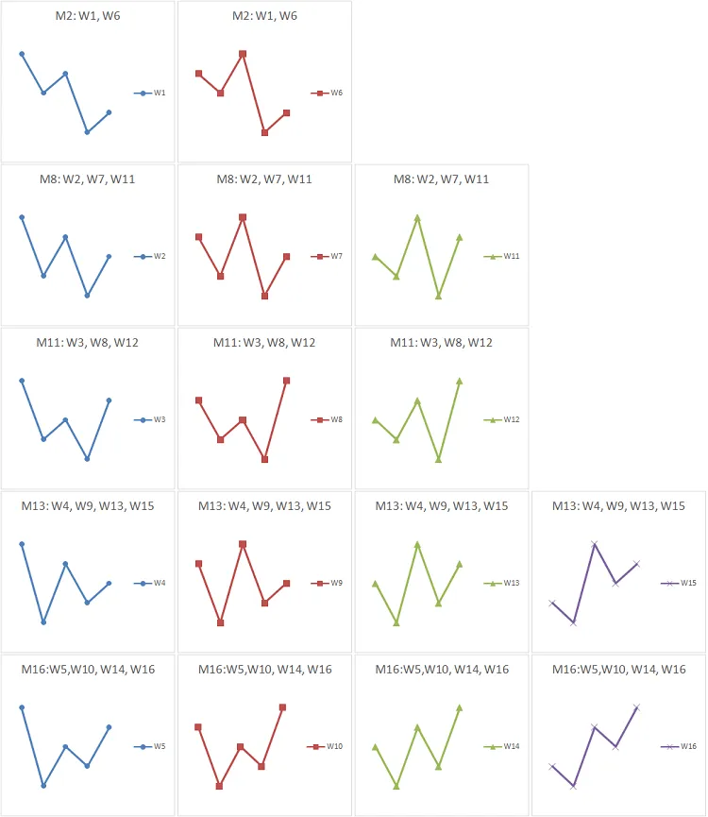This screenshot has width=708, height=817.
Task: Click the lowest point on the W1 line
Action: [87, 132]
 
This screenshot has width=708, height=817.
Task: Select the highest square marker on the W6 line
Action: [243, 54]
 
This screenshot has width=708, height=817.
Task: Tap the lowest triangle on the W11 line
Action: [438, 296]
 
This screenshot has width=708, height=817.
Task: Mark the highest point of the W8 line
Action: [286, 381]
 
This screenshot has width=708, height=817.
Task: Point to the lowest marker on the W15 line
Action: [573, 622]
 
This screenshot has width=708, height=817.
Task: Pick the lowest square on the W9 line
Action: [220, 622]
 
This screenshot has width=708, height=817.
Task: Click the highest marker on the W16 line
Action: [636, 706]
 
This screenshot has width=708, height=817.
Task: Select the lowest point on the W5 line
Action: [43, 786]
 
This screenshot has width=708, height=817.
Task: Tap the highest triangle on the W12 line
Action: [460, 381]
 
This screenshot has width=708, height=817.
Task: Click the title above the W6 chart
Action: [264, 16]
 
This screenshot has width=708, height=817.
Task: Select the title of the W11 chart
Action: [442, 179]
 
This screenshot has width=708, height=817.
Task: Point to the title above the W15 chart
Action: [619, 506]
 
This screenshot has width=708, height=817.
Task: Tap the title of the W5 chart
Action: [88, 670]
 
